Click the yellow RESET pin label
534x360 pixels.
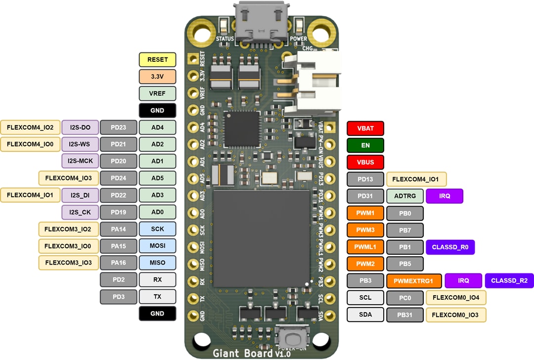(157, 60)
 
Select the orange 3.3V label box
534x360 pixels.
(157, 77)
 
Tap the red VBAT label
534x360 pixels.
(365, 129)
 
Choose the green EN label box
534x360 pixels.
(365, 145)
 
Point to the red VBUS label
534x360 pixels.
(365, 162)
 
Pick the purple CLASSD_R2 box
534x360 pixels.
(509, 280)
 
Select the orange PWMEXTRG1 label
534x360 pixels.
(413, 281)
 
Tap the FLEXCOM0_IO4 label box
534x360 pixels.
(455, 298)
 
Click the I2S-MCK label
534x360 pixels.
(80, 160)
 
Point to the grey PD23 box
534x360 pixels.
(118, 128)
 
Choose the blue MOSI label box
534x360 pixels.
(157, 245)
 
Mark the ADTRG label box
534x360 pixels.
(404, 196)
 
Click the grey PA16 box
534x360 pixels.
(118, 262)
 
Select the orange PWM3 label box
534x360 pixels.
(365, 230)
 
